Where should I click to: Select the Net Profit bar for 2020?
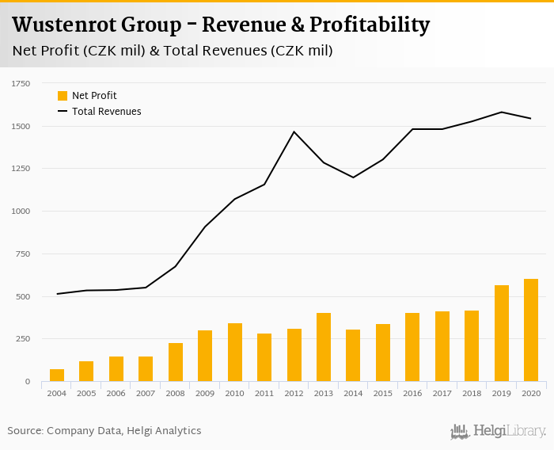click(x=531, y=330)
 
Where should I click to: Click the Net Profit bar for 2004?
click(x=57, y=376)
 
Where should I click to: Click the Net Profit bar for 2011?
click(x=264, y=358)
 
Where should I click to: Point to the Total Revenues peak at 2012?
click(x=294, y=132)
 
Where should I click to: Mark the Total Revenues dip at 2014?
click(x=353, y=177)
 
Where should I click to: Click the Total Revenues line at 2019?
click(x=502, y=112)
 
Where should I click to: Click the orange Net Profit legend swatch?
click(x=63, y=96)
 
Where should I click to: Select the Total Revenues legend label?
click(x=106, y=112)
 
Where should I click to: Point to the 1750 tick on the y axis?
click(x=21, y=83)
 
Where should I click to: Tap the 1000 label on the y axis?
click(x=21, y=212)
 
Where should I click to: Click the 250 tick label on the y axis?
click(x=23, y=339)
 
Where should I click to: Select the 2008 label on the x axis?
click(x=176, y=393)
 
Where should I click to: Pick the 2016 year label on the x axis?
click(x=412, y=393)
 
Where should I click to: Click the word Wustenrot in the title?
click(x=63, y=25)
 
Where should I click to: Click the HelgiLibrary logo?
click(x=498, y=432)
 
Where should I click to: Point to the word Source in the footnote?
click(x=25, y=431)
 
